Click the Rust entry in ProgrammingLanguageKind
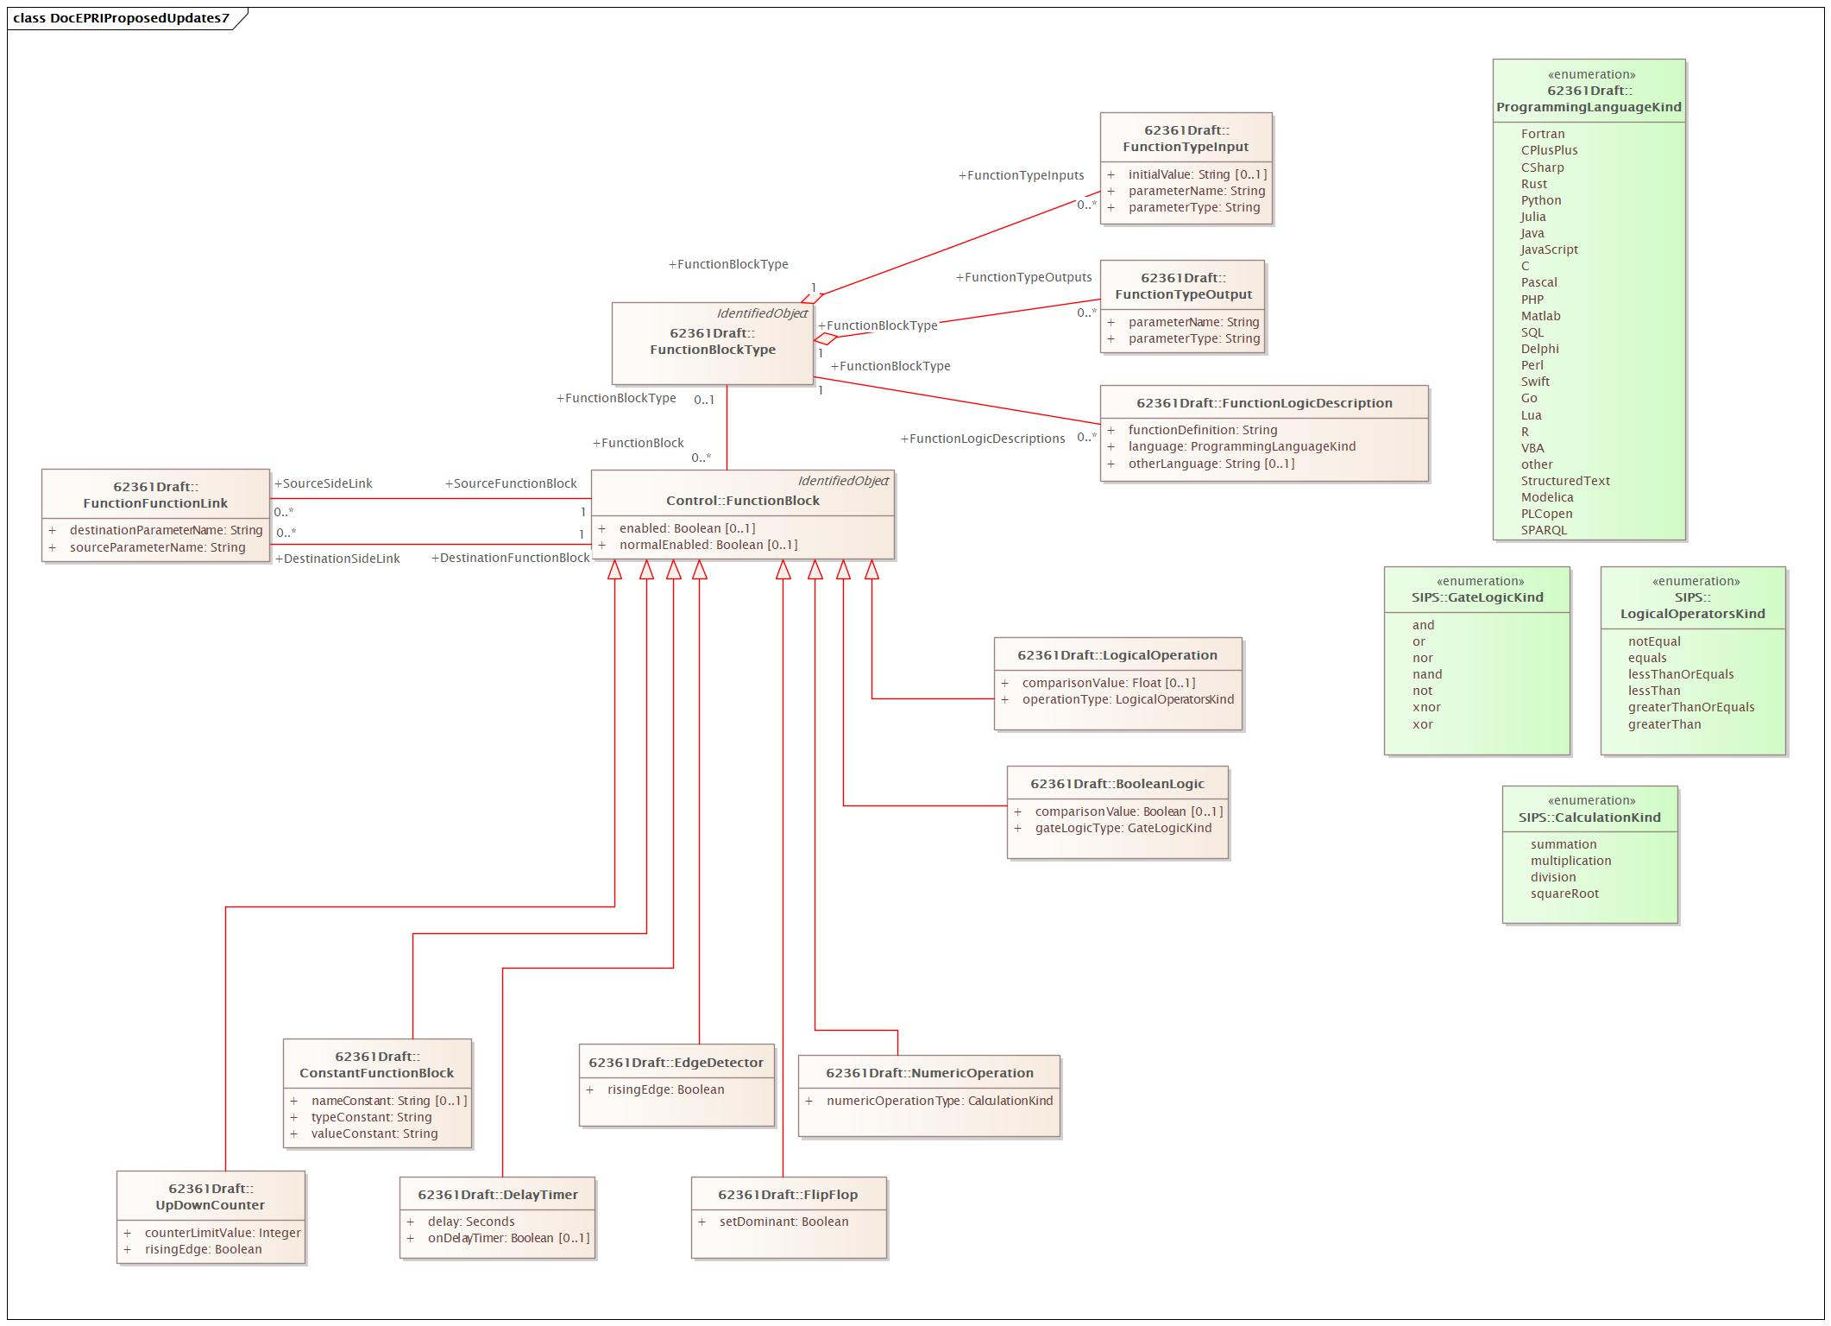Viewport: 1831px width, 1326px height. click(x=1533, y=184)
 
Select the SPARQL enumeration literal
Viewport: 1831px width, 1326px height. click(x=1544, y=530)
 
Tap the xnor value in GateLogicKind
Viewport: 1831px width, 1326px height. click(x=1426, y=707)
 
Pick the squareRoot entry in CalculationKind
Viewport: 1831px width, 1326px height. click(x=1564, y=893)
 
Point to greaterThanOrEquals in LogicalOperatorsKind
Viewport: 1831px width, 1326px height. click(x=1691, y=707)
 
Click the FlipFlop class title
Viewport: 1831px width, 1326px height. click(x=788, y=1195)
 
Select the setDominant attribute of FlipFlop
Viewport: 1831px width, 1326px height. click(x=783, y=1222)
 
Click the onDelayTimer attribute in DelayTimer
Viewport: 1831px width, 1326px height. click(x=508, y=1238)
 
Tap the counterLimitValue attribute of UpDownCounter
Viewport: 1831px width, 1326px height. click(x=223, y=1233)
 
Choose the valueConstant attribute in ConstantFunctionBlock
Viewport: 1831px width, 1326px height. click(x=374, y=1133)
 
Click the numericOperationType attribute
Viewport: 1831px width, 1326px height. click(x=940, y=1101)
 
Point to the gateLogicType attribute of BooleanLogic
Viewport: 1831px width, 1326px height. click(x=1123, y=828)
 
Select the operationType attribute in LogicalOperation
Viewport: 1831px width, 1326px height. click(x=1128, y=699)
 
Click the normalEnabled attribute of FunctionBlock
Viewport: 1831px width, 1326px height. click(x=708, y=545)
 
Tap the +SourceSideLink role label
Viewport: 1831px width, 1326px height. click(x=323, y=483)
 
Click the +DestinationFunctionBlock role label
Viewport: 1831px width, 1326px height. click(x=510, y=558)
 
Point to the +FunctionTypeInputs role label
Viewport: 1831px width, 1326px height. click(x=1021, y=175)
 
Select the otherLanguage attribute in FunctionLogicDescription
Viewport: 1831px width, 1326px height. click(x=1211, y=464)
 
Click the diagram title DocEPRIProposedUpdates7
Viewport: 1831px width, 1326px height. click(x=122, y=17)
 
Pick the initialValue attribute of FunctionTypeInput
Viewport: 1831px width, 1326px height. click(x=1198, y=174)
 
